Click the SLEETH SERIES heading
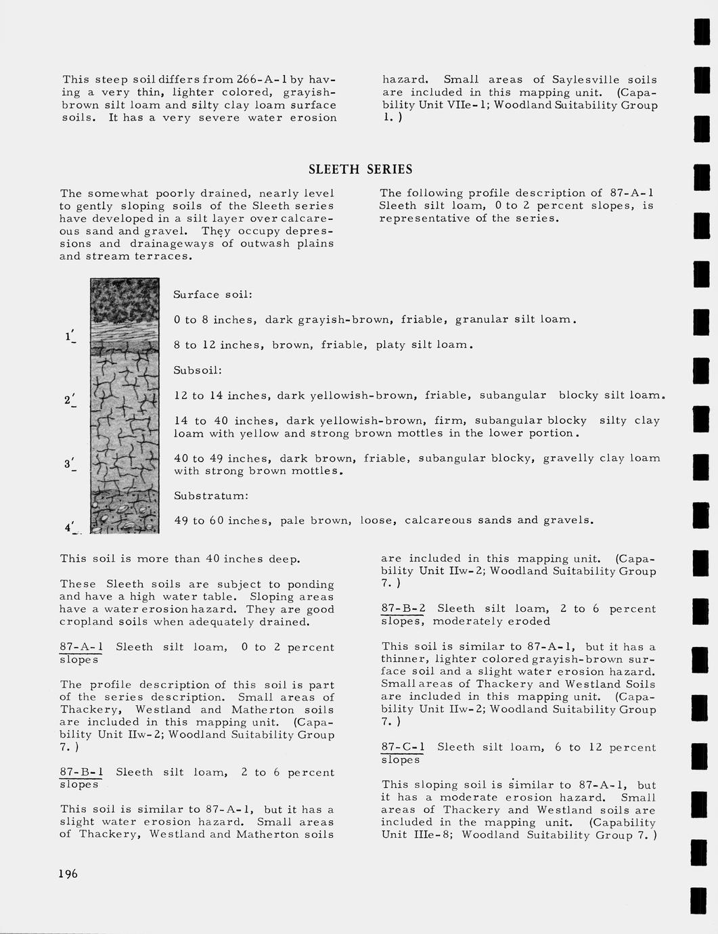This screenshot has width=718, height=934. pyautogui.click(x=360, y=169)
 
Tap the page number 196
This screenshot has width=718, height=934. pyautogui.click(x=68, y=874)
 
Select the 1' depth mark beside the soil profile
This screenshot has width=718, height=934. pyautogui.click(x=70, y=336)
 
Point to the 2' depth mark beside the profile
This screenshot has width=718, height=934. pyautogui.click(x=70, y=400)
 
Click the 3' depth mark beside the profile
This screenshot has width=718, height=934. pyautogui.click(x=70, y=464)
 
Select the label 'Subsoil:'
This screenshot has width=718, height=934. pyautogui.click(x=198, y=370)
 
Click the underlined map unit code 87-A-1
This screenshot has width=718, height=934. pyautogui.click(x=81, y=647)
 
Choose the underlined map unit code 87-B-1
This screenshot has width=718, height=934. pyautogui.click(x=81, y=772)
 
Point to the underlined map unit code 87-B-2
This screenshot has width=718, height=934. pyautogui.click(x=403, y=608)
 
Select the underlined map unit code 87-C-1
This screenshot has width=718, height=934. pyautogui.click(x=403, y=747)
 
